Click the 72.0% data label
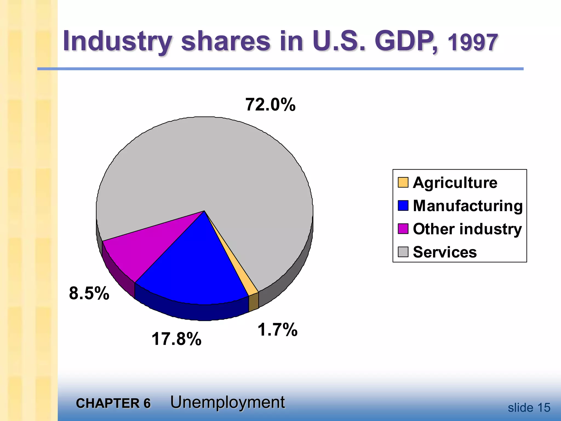tap(270, 105)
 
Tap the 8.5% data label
tap(89, 293)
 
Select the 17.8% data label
tap(176, 339)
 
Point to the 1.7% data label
tap(277, 329)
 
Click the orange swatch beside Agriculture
tap(403, 182)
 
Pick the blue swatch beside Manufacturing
tap(403, 206)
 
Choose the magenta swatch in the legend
tap(403, 229)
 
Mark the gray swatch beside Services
tap(403, 252)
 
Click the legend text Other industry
tap(467, 229)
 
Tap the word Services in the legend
tap(445, 252)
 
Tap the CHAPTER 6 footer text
tap(113, 403)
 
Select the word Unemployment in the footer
tap(227, 402)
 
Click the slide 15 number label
tap(529, 408)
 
